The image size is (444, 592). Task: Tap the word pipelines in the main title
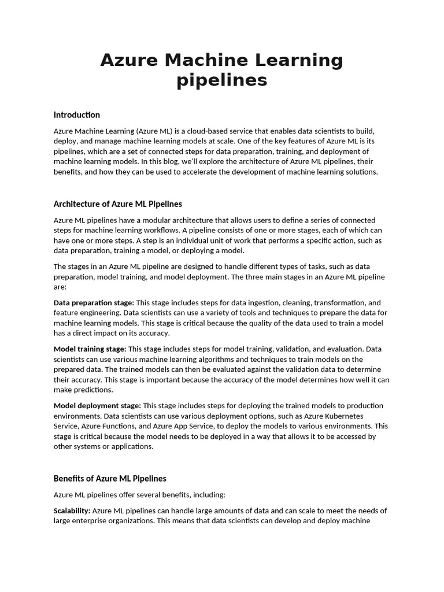222,80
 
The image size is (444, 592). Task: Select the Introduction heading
76,114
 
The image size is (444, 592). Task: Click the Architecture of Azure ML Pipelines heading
117,203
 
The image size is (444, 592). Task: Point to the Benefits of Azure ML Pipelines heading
110,478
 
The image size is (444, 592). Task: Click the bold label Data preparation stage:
94,303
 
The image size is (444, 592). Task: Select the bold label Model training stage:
90,349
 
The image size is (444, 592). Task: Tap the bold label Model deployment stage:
97,406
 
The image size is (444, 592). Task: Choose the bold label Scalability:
72,510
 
